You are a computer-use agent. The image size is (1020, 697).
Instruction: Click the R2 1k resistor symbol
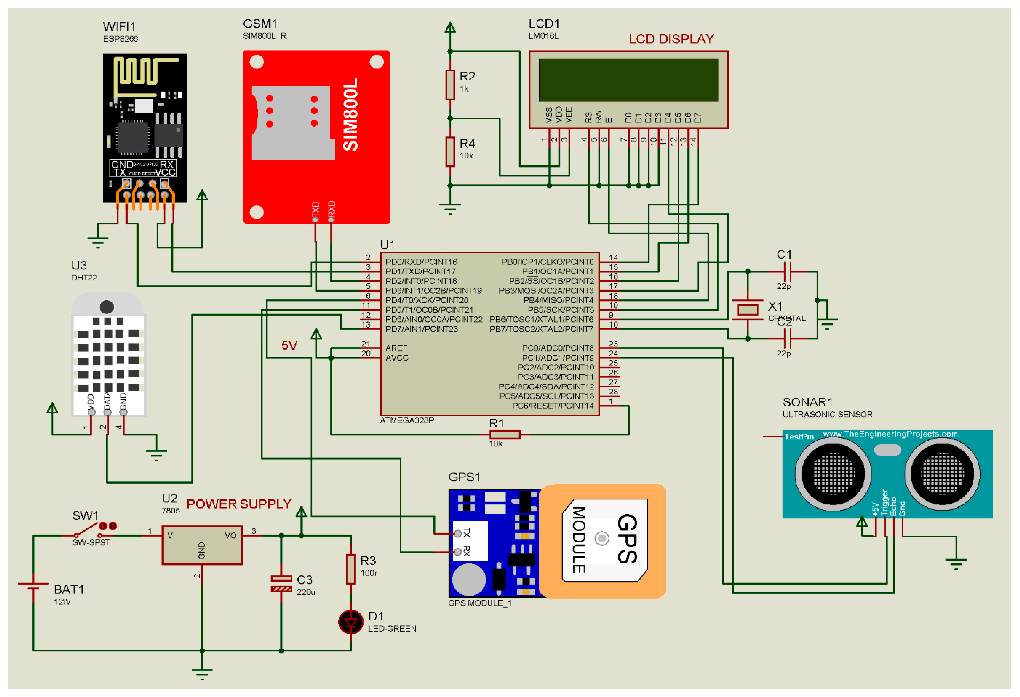(450, 85)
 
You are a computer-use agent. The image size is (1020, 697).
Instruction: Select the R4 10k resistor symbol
(450, 152)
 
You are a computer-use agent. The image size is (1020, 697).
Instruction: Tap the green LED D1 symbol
(351, 622)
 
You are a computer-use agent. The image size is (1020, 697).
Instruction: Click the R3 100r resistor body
(351, 569)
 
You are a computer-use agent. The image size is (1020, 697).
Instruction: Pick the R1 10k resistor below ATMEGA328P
(505, 434)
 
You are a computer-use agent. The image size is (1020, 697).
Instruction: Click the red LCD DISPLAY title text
(671, 39)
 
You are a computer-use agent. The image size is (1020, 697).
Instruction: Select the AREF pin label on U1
(396, 348)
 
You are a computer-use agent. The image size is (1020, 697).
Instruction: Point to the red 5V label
(289, 346)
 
